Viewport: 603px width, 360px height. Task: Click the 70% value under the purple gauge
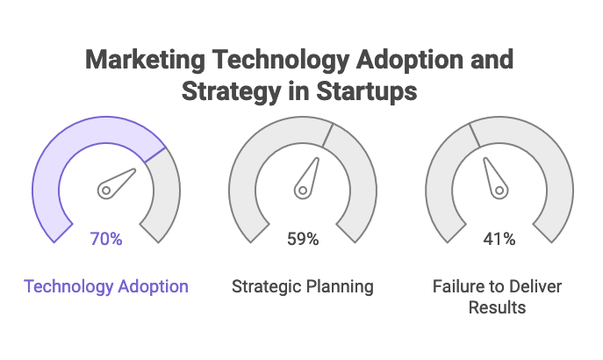tap(106, 239)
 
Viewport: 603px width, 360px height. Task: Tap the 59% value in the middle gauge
tap(303, 239)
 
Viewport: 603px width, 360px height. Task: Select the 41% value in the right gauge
tap(499, 239)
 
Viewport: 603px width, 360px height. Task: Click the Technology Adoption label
tap(106, 286)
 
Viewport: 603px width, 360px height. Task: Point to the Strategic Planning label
tap(303, 286)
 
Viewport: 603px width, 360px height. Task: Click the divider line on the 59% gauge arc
tap(328, 134)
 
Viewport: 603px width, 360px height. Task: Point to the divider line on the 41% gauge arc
tap(474, 134)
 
